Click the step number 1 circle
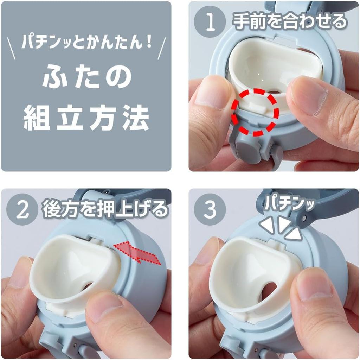[x=210, y=22]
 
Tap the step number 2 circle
[x=22, y=209]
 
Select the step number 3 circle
[x=210, y=209]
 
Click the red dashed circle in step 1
[x=255, y=112]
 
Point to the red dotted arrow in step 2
[x=137, y=252]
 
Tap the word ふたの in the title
[x=86, y=77]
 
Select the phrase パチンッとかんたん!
[x=86, y=42]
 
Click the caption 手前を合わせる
[x=290, y=21]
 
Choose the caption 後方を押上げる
[x=105, y=209]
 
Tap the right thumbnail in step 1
[x=309, y=101]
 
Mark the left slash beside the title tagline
[x=11, y=49]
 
